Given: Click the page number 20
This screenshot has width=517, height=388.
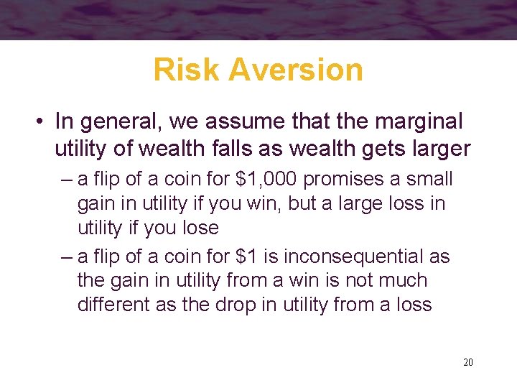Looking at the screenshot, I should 468,362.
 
